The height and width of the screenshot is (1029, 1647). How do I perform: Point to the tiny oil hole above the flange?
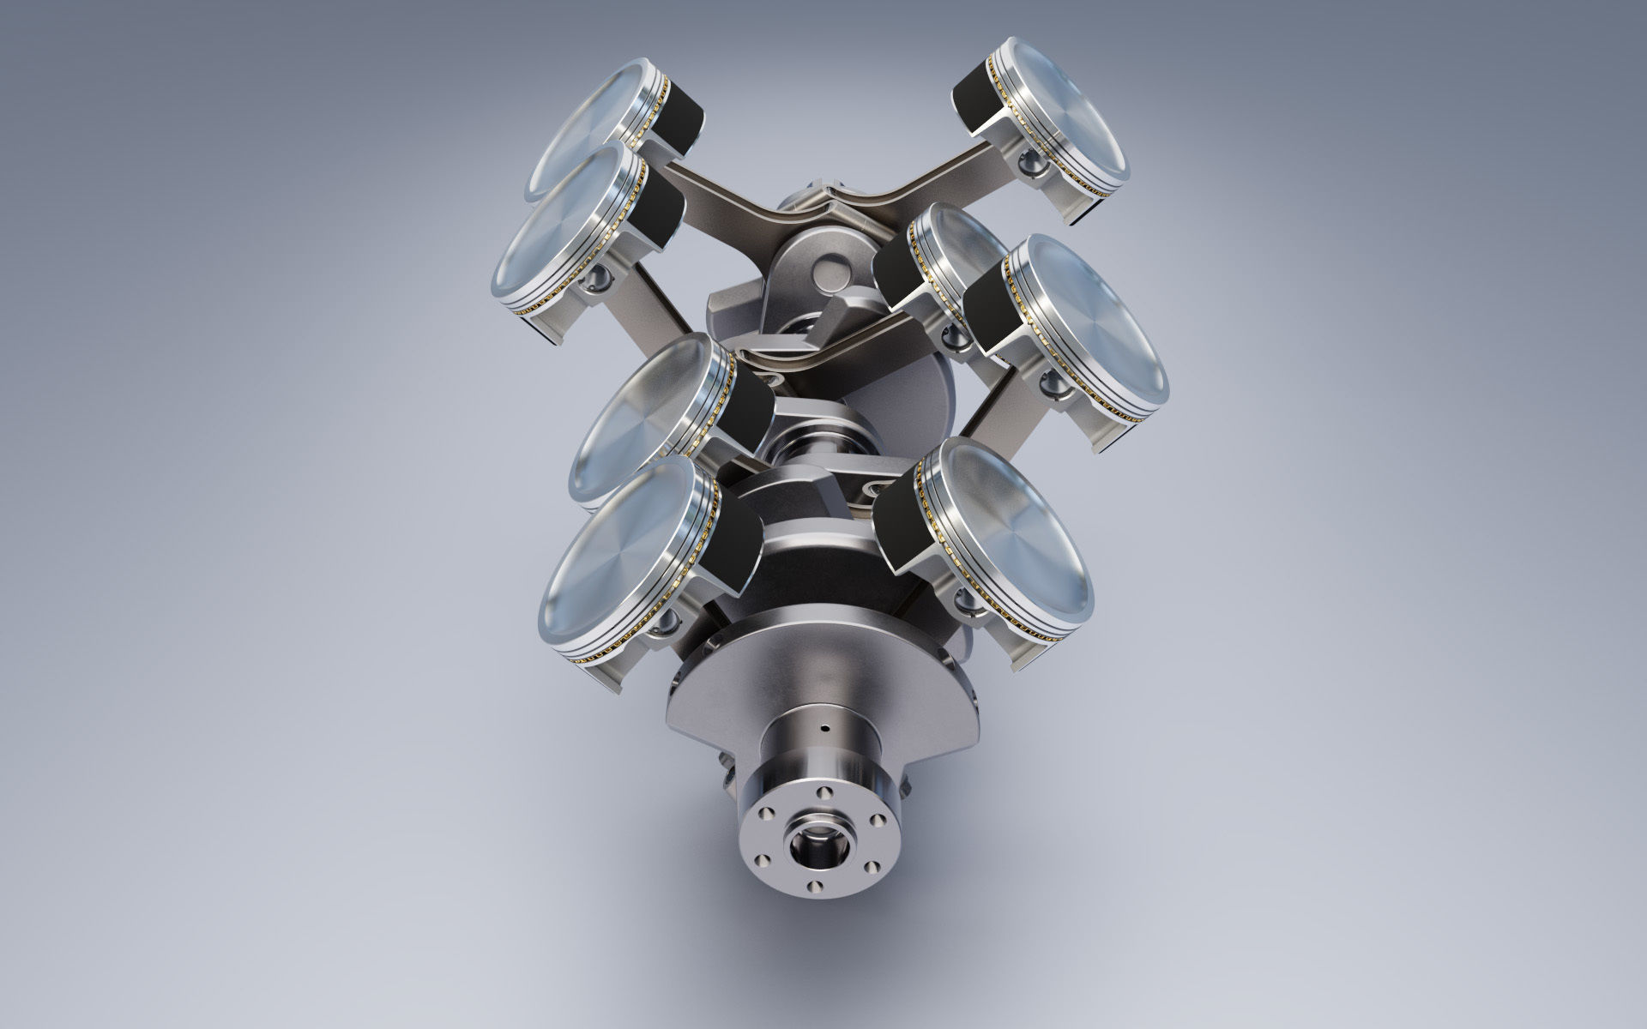(823, 730)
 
